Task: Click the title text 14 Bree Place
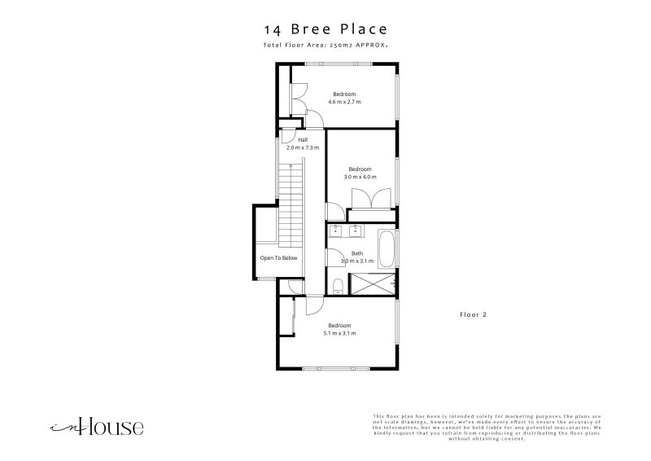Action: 325,30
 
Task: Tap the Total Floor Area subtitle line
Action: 325,46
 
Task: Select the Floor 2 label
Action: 474,314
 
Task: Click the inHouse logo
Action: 97,426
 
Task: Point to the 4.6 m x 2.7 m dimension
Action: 344,102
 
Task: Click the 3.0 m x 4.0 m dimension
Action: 360,177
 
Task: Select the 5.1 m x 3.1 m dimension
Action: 339,333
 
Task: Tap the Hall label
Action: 302,140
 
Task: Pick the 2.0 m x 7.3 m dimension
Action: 302,148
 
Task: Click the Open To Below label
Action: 278,258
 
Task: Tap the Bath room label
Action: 357,253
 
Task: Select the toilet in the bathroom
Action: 338,284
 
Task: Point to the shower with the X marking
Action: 372,284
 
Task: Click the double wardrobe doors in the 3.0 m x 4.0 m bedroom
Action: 363,199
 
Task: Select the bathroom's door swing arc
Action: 334,257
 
